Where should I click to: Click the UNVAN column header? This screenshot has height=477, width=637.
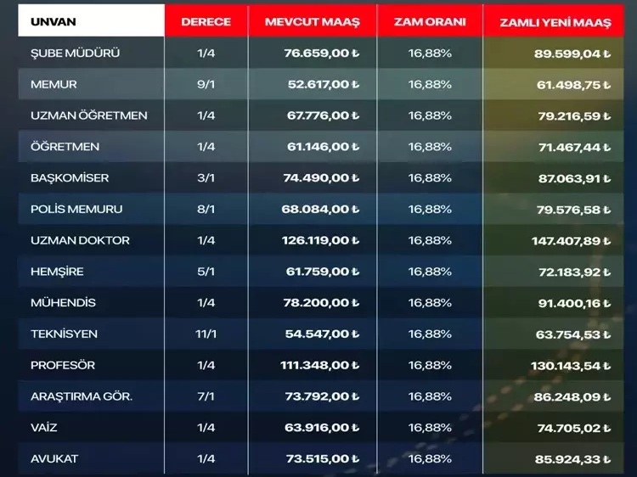point(52,22)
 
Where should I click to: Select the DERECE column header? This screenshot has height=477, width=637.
point(206,22)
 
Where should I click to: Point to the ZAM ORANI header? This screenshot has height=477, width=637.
point(430,22)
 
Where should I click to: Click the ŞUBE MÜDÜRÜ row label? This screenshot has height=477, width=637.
point(75,53)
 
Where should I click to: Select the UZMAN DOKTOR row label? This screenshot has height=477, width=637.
point(80,240)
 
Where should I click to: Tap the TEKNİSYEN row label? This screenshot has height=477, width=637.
point(64,334)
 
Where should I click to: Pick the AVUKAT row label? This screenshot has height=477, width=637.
point(54,458)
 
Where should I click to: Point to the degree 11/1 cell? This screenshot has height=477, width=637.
point(206,334)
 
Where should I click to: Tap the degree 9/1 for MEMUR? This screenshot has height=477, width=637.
point(206,84)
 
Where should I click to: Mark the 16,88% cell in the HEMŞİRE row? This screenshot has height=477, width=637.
point(430,272)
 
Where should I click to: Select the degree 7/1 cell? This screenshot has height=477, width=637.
point(206,396)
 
